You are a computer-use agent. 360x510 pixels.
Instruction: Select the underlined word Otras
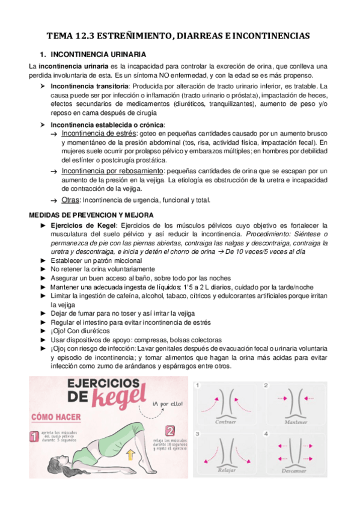(70, 200)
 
